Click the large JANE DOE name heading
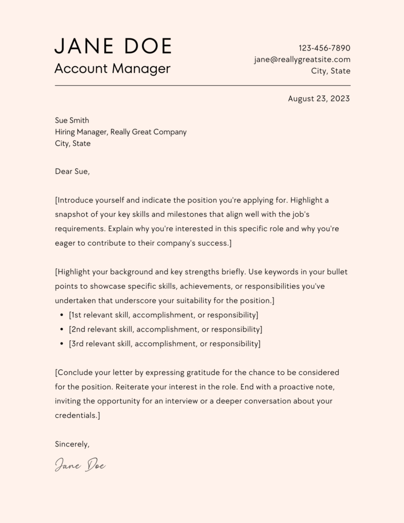click(x=113, y=46)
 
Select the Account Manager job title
click(x=113, y=68)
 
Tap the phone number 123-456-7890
click(x=324, y=48)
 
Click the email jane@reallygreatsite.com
click(x=302, y=59)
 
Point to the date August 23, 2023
click(x=319, y=98)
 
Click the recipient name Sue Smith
click(x=72, y=120)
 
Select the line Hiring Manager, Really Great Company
click(x=120, y=132)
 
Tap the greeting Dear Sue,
click(x=72, y=171)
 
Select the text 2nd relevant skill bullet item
click(x=165, y=329)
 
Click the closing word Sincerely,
click(x=72, y=444)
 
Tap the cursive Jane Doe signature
click(x=80, y=465)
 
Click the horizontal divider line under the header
click(x=203, y=85)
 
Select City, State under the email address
click(x=331, y=71)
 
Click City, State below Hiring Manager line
click(x=73, y=144)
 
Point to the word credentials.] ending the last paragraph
click(x=77, y=415)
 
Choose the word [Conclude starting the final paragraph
click(x=74, y=373)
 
